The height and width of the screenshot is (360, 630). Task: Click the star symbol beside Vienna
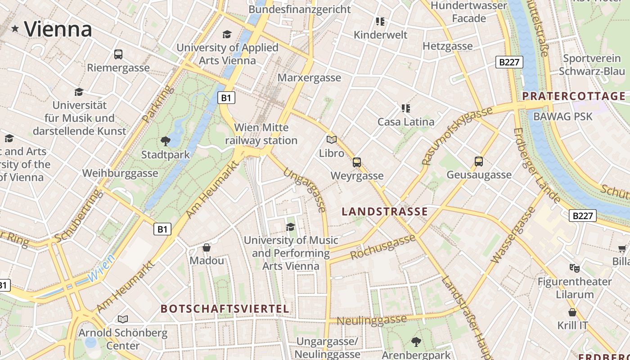[15, 29]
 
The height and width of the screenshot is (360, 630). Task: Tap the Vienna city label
[58, 29]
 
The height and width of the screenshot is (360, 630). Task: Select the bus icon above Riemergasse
[118, 54]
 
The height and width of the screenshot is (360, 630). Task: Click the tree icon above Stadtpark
[166, 141]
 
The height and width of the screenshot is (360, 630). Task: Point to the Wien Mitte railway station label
[261, 134]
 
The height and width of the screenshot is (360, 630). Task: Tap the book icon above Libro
[332, 140]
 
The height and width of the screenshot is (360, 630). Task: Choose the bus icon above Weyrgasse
[357, 162]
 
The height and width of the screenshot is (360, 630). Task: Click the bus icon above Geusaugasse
[479, 162]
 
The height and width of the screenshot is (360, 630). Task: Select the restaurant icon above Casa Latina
[406, 108]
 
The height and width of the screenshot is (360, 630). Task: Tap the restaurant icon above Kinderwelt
[380, 22]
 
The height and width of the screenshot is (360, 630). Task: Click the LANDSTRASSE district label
[385, 211]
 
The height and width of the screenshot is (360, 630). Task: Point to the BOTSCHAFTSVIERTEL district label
[225, 309]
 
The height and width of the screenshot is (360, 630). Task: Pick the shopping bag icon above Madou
[207, 247]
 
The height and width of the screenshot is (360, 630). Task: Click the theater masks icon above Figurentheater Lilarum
[575, 269]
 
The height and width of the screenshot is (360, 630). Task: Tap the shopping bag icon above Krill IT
[572, 312]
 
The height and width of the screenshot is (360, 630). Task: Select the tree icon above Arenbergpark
[416, 342]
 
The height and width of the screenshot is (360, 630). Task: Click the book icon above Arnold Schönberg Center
[123, 319]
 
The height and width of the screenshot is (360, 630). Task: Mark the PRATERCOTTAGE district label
[574, 96]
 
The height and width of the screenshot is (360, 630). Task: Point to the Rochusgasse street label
[383, 247]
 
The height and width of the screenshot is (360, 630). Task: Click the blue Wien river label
[101, 269]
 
